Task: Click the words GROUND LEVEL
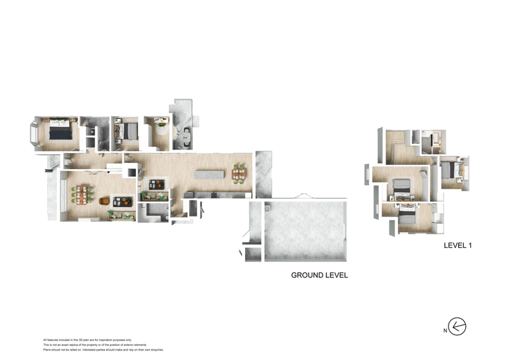319,275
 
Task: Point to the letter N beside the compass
445,330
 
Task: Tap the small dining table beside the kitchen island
239,173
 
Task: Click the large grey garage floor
305,230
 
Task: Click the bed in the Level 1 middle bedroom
402,186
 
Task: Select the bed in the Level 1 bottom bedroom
408,215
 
